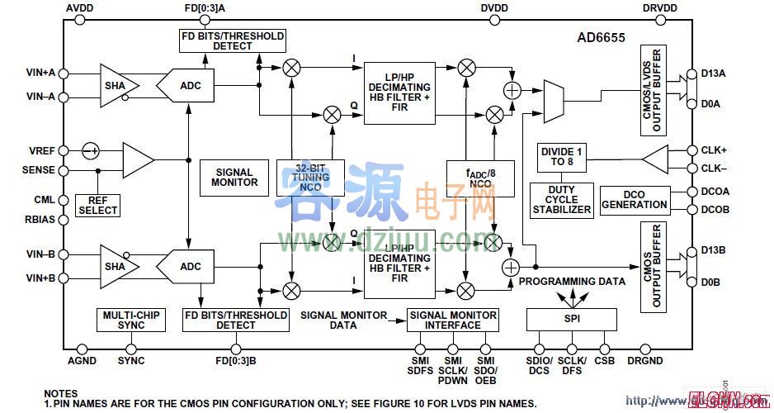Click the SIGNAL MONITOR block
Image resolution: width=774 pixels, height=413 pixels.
click(x=234, y=177)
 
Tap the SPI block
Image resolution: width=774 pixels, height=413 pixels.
click(x=571, y=319)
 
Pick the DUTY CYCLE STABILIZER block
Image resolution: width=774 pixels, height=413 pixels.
click(x=562, y=200)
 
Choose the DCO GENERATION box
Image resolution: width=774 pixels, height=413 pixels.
click(x=634, y=199)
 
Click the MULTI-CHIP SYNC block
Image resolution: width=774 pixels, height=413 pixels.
click(x=131, y=320)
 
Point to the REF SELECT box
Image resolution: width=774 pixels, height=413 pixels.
click(x=98, y=205)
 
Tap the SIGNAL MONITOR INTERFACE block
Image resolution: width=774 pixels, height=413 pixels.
click(x=453, y=320)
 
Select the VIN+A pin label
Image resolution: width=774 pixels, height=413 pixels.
click(x=40, y=73)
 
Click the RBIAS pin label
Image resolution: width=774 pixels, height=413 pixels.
click(x=40, y=220)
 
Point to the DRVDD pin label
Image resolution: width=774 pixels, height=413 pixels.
click(x=659, y=8)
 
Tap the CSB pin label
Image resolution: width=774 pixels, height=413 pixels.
click(x=606, y=361)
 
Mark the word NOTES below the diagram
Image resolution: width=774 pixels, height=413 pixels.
click(x=61, y=393)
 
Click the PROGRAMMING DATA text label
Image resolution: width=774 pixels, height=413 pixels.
click(x=572, y=281)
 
